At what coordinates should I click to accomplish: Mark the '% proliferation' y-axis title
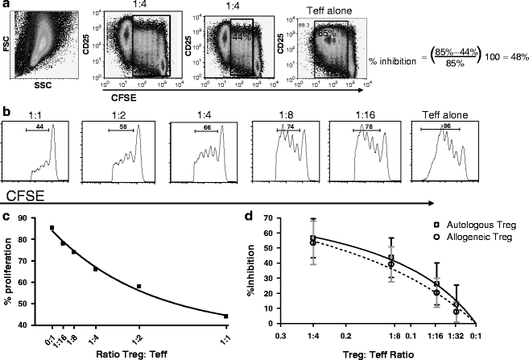[x=10, y=270]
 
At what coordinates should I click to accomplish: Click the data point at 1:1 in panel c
[x=226, y=316]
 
